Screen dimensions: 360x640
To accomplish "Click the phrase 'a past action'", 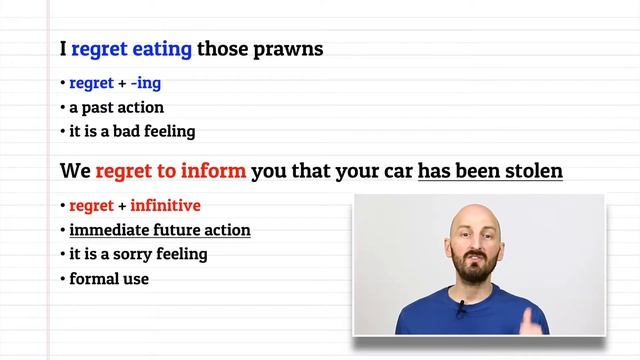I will click(116, 107).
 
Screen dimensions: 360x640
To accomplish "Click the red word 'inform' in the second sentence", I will click(217, 171).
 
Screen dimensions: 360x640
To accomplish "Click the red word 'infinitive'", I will click(165, 206).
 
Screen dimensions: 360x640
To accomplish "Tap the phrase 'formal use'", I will click(109, 279).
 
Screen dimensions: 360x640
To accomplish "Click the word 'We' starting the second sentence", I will click(74, 171).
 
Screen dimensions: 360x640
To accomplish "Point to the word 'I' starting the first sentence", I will click(63, 48).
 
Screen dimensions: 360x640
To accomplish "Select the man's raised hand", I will click(531, 314).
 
